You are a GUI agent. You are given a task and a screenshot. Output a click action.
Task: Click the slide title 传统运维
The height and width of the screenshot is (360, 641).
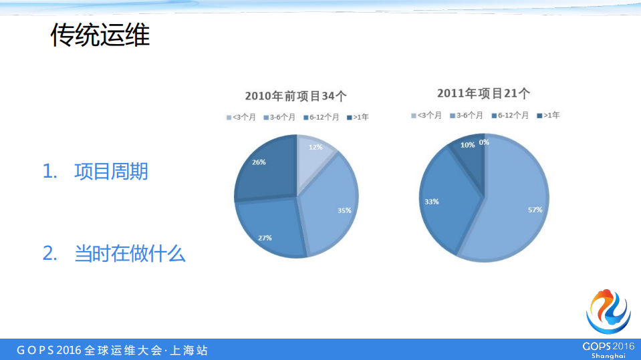pos(100,35)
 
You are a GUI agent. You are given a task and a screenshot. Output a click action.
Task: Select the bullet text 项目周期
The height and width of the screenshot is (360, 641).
pos(111,172)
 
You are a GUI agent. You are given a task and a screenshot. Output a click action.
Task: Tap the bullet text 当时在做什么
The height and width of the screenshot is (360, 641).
pos(130,254)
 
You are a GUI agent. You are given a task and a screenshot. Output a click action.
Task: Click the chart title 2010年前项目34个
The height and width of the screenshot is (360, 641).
pos(295,96)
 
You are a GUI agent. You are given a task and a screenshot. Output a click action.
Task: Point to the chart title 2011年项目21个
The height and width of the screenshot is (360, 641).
pos(483,94)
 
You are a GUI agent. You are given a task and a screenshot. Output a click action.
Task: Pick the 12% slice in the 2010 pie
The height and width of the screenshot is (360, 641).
pos(314,158)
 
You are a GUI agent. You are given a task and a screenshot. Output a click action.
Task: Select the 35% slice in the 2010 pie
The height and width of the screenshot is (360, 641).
pos(331,207)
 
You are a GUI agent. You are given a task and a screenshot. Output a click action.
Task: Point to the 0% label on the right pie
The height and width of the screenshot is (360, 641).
pos(484,142)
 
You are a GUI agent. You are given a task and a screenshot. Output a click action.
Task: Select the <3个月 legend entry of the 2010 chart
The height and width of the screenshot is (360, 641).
pos(241,117)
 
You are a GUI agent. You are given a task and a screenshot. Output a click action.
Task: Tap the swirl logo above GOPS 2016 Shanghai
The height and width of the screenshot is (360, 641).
pos(608,311)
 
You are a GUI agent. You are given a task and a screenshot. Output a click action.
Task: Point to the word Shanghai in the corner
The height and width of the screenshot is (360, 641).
pos(608,356)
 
